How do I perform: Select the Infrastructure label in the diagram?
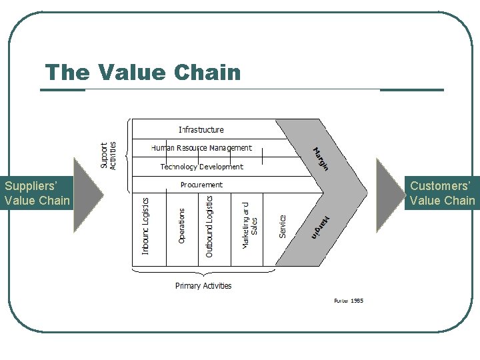201,129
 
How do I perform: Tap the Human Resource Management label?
201,148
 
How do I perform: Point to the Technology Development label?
201,167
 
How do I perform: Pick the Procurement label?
201,185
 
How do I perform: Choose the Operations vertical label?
182,226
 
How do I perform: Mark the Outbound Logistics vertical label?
209,226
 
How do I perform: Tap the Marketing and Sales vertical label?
250,226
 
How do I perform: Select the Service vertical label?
283,226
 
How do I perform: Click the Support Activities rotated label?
108,155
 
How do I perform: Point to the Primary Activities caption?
203,286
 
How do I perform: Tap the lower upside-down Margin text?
321,226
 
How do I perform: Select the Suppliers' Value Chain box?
36,193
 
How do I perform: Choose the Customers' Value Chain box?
442,193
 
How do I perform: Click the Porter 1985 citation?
349,301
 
